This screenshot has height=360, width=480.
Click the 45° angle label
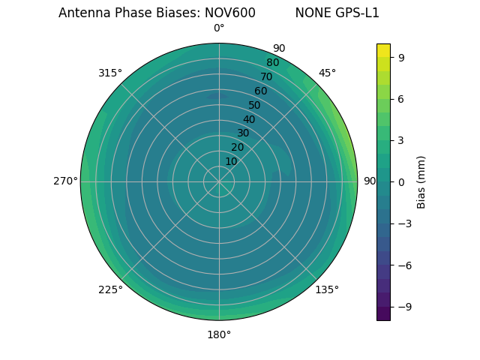coord(327,73)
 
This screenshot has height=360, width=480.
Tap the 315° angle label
coord(110,73)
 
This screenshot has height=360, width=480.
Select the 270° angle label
coord(65,181)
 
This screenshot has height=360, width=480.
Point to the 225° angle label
coord(110,290)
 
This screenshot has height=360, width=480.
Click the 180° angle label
coord(219,334)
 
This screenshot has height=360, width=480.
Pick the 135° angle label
coord(327,290)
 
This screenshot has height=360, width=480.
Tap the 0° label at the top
coord(219,28)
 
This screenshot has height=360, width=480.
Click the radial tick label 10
coord(231,161)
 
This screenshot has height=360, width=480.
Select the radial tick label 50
coord(255,105)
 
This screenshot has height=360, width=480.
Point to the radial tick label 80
coord(272,63)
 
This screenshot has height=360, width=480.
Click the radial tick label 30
coord(243,133)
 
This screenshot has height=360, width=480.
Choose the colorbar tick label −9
coord(403,307)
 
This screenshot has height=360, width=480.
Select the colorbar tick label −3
coord(403,223)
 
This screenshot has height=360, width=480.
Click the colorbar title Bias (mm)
coord(421,181)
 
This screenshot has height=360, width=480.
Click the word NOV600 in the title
coord(230,13)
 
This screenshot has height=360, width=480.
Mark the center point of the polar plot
coord(219,181)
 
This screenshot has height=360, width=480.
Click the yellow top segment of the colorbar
coord(383,50)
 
